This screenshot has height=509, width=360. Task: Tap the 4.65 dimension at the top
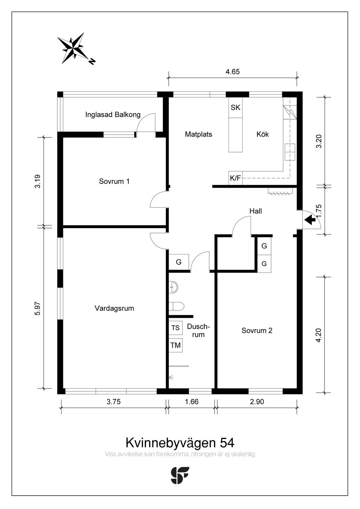point(232,72)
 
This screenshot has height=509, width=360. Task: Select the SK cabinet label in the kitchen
point(235,108)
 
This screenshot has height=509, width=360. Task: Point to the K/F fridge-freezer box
point(235,178)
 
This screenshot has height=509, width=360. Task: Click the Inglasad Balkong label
point(113,115)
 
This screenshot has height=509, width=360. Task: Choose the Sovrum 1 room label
point(114,181)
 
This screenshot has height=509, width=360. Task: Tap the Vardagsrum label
point(114,308)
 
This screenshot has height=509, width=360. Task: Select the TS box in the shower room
point(175,328)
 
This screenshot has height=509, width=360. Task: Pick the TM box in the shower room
point(175,346)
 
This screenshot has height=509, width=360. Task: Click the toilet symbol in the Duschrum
point(176,306)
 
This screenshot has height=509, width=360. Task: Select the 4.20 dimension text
point(319,335)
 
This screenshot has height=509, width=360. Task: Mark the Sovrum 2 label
point(257,330)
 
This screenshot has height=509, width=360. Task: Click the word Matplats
point(198,134)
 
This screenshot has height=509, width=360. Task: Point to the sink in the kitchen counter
point(290,152)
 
